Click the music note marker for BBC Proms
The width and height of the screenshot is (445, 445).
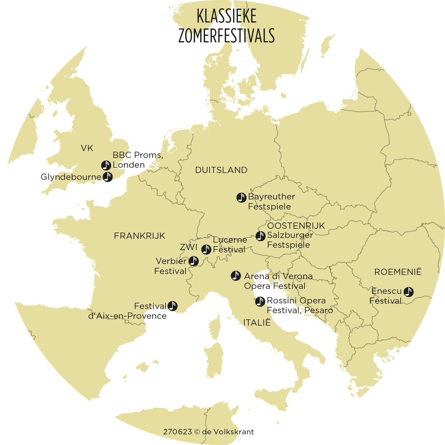pyautogui.click(x=106, y=165)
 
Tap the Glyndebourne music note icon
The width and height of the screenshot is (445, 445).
pyautogui.click(x=108, y=177)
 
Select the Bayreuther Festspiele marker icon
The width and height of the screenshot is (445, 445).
pyautogui.click(x=242, y=197)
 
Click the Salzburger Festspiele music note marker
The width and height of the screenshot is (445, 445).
pyautogui.click(x=261, y=236)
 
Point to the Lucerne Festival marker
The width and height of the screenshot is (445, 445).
pyautogui.click(x=206, y=249)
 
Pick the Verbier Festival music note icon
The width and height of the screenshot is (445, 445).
pyautogui.click(x=194, y=261)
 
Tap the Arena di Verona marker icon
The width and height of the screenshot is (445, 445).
pyautogui.click(x=236, y=276)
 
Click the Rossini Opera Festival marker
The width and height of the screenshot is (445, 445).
pyautogui.click(x=260, y=301)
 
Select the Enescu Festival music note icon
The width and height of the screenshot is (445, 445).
pyautogui.click(x=408, y=292)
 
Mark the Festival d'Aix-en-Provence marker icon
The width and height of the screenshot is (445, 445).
pyautogui.click(x=173, y=306)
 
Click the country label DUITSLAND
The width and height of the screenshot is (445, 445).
pyautogui.click(x=221, y=170)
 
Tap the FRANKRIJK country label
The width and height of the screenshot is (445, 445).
pyautogui.click(x=139, y=236)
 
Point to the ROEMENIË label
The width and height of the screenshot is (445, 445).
pyautogui.click(x=398, y=272)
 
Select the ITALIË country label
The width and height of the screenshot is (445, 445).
pyautogui.click(x=257, y=323)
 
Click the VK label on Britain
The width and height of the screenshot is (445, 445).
pyautogui.click(x=87, y=148)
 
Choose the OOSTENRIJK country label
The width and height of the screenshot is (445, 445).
pyautogui.click(x=296, y=226)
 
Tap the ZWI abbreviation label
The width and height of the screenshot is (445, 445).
pyautogui.click(x=188, y=247)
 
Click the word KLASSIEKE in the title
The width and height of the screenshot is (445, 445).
pyautogui.click(x=226, y=16)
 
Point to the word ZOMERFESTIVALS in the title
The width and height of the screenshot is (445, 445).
pyautogui.click(x=226, y=36)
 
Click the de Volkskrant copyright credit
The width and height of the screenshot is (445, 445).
pyautogui.click(x=209, y=432)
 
